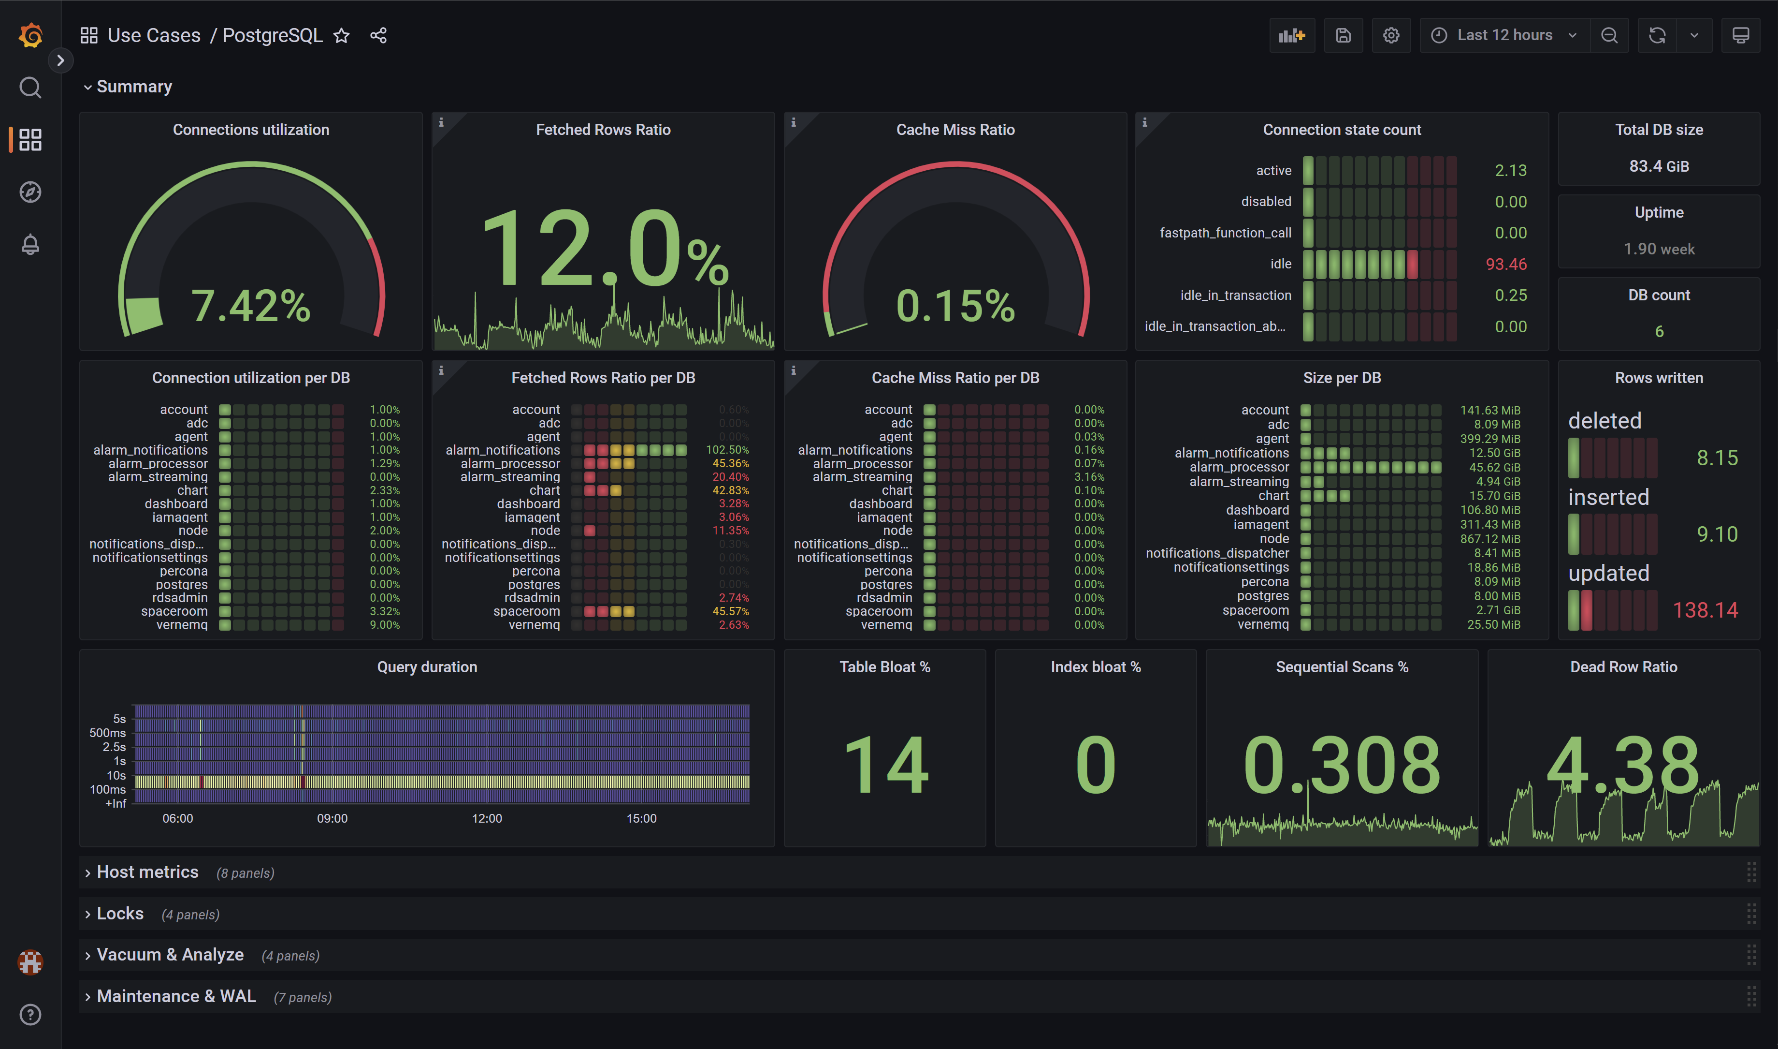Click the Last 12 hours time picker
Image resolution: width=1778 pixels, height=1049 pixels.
coord(1504,35)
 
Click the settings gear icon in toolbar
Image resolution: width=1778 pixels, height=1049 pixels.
coord(1391,35)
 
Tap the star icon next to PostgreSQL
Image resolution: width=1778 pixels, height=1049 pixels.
coord(341,35)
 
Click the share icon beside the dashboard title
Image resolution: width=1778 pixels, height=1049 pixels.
coord(378,35)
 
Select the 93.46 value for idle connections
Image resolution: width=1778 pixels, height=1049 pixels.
coord(1505,265)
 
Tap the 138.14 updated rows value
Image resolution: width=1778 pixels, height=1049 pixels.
coord(1705,610)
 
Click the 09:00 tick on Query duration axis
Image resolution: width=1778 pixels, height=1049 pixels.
coord(332,819)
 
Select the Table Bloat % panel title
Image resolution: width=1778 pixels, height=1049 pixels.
coord(884,667)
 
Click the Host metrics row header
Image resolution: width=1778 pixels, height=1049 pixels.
coord(147,872)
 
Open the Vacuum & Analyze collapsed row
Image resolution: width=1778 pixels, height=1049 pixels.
coord(170,955)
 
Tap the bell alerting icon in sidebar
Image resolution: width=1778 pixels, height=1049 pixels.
coord(29,245)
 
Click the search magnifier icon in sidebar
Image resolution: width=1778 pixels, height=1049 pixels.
coord(29,88)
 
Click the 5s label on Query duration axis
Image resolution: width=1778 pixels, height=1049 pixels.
coord(119,719)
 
